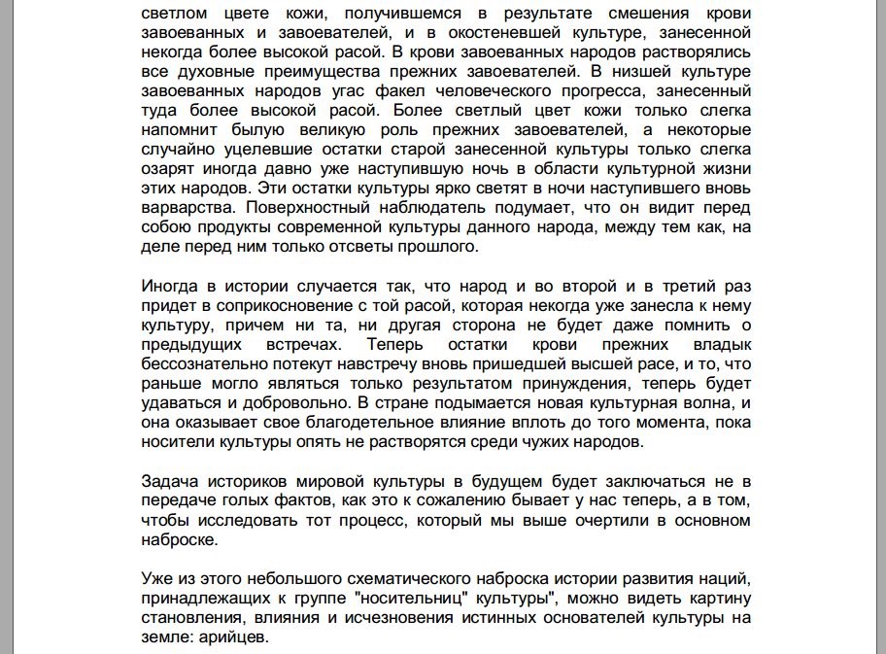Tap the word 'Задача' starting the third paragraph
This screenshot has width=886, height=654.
[167, 482]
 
